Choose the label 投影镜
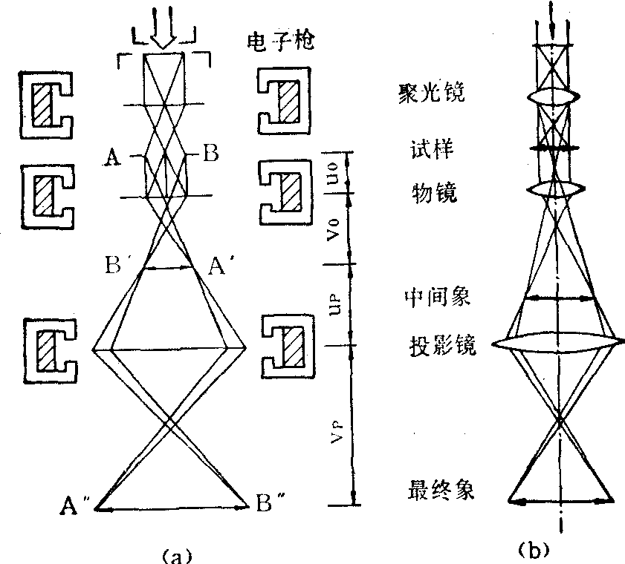438,347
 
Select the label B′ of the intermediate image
122,265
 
